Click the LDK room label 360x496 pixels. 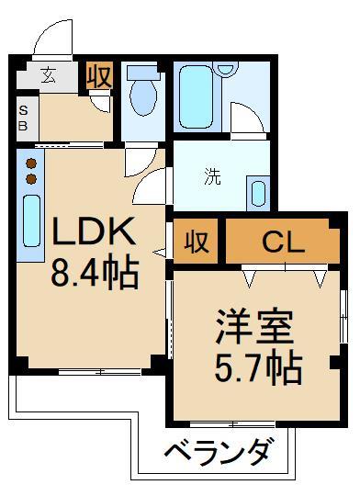coord(95,232)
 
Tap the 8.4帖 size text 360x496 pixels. coord(95,272)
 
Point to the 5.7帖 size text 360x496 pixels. coord(254,367)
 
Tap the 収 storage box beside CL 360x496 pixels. coord(195,242)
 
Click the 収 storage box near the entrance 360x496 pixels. coord(98,76)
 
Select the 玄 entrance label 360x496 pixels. coord(47,76)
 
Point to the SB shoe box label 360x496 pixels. coord(23,119)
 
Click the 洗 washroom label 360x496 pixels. coord(211,176)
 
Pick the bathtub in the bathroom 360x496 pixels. coord(196,96)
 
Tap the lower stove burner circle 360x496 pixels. coord(30,178)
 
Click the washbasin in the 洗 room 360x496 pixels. coord(259,195)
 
